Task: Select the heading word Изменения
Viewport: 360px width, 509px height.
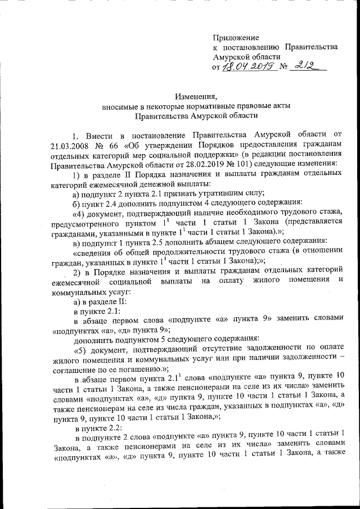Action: point(196,96)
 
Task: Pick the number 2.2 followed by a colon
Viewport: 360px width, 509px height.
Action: point(111,427)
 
